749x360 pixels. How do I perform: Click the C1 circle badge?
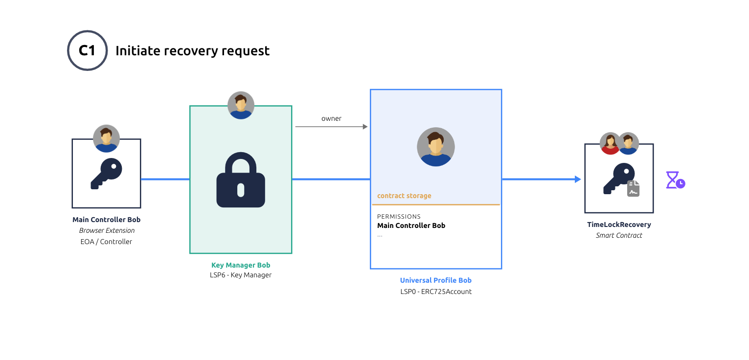(87, 50)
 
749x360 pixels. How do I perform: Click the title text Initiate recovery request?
(192, 51)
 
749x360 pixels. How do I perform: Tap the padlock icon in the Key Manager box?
(241, 180)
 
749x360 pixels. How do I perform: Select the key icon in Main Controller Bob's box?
(106, 174)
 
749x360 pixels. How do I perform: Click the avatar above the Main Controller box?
(107, 138)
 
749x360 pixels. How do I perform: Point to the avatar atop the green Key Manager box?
(241, 105)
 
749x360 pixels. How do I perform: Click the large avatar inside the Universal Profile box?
(435, 147)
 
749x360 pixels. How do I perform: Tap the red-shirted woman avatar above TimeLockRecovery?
(610, 143)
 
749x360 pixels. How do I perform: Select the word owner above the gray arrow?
(331, 118)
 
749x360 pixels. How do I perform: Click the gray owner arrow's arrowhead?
(365, 127)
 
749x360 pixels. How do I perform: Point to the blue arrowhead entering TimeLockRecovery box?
(578, 180)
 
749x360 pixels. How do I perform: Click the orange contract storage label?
(404, 196)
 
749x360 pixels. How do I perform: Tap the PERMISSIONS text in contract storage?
(399, 216)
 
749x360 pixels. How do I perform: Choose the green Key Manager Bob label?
(241, 265)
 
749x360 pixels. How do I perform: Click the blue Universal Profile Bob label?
(435, 280)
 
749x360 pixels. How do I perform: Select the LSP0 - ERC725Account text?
(435, 292)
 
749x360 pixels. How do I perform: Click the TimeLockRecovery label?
(619, 225)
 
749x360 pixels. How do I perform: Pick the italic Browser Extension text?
(107, 230)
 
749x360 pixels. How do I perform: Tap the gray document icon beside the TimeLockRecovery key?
(634, 189)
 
